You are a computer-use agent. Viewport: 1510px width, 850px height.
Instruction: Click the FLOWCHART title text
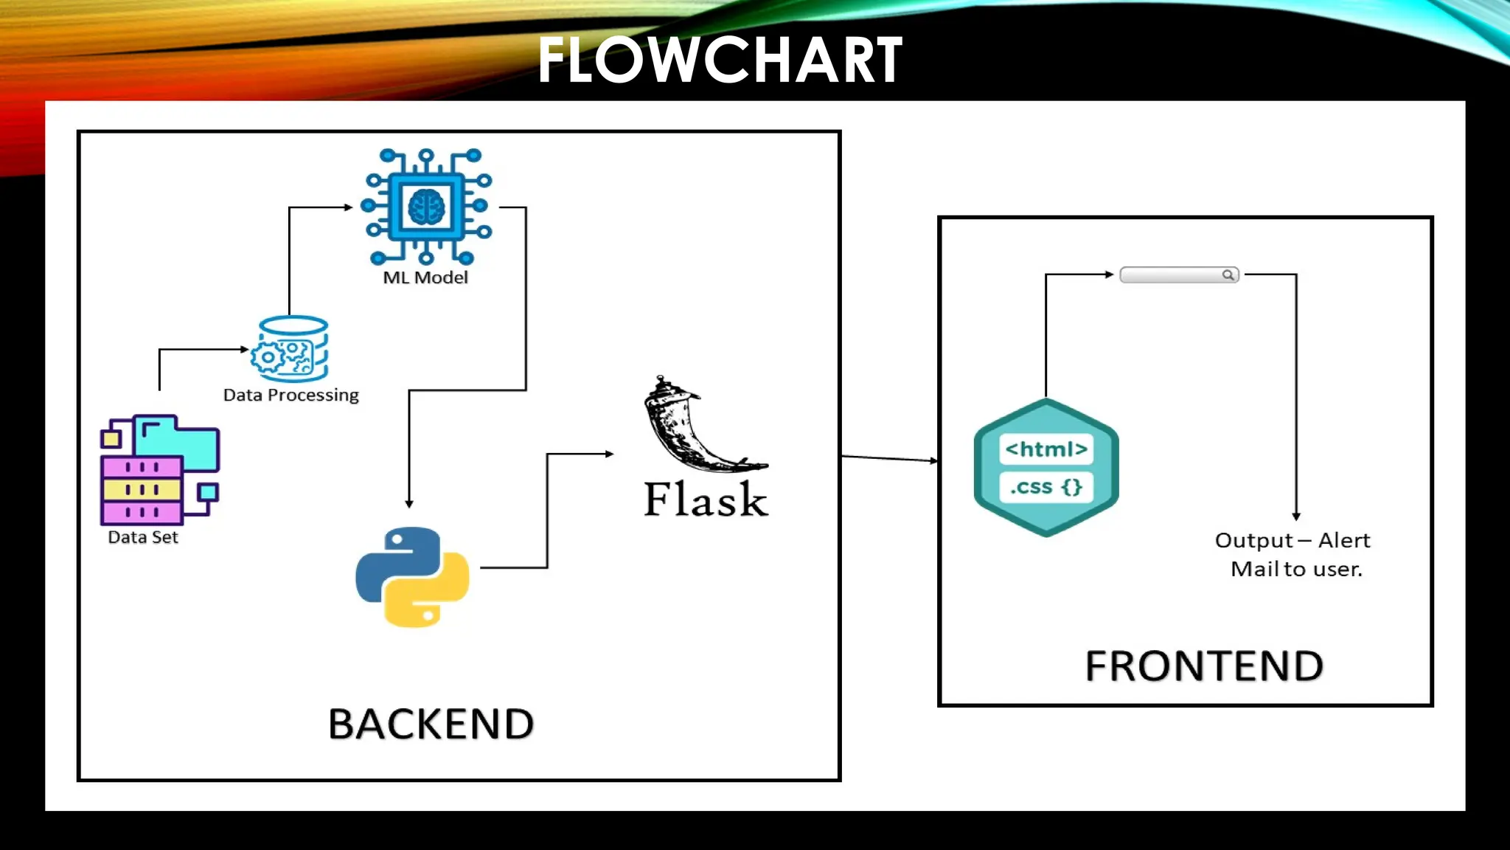point(720,61)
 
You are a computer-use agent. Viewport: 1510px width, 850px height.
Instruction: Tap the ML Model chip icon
point(426,207)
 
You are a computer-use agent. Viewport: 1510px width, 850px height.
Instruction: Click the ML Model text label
point(425,277)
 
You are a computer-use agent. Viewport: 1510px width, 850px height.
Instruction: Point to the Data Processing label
point(291,395)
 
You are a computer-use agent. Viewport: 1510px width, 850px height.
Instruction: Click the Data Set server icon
point(159,469)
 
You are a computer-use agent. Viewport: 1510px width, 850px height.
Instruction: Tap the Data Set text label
point(143,537)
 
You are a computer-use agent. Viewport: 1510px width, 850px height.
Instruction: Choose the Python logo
point(412,577)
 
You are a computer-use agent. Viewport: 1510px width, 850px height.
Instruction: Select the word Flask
point(706,500)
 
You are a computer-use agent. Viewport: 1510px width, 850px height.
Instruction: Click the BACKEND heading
point(431,724)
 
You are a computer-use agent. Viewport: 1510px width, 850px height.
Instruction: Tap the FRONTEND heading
point(1204,666)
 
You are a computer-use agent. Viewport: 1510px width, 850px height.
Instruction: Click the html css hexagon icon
point(1046,468)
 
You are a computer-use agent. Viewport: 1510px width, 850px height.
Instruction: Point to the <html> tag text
point(1046,449)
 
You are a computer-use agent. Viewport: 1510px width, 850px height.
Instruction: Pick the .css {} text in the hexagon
point(1046,487)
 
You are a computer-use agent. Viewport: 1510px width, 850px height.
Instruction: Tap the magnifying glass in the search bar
point(1228,275)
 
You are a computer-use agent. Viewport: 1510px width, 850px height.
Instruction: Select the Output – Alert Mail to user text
point(1293,554)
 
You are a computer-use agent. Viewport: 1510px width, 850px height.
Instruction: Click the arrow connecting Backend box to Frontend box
point(889,458)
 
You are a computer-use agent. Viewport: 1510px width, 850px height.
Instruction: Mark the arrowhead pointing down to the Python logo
point(409,503)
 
